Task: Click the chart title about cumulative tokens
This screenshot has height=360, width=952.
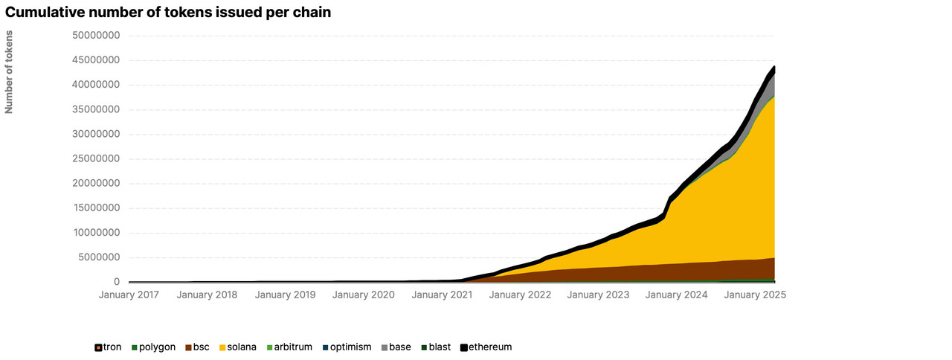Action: point(168,12)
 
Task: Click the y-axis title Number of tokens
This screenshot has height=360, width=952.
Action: point(9,71)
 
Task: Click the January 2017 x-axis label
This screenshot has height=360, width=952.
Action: point(129,295)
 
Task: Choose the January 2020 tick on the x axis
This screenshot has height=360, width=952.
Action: point(363,295)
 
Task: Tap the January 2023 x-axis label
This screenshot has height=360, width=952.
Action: point(597,295)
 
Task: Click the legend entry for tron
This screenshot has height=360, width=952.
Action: point(109,347)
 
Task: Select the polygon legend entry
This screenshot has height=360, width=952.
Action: point(154,347)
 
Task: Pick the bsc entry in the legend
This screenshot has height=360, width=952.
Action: point(198,347)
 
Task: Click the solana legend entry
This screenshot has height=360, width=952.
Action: point(238,347)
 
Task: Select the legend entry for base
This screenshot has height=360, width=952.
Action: point(396,347)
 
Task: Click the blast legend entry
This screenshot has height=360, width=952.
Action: point(435,347)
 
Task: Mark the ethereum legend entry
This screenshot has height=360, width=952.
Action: point(486,347)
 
